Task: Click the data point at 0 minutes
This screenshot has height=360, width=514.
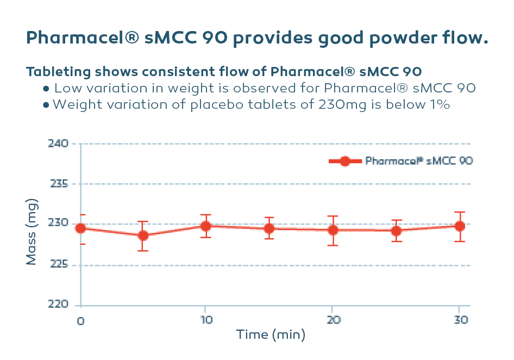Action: tap(80, 228)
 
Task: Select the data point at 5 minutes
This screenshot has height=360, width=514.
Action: tap(143, 235)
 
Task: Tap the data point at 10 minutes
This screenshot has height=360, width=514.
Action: tap(206, 226)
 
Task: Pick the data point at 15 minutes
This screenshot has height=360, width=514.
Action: tap(269, 228)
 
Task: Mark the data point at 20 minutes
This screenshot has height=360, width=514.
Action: tap(333, 230)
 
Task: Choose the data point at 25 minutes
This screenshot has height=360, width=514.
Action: tap(396, 231)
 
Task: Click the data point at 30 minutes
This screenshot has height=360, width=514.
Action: tap(460, 226)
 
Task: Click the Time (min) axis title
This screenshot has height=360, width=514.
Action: tap(271, 334)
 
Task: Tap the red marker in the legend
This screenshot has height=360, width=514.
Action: tap(344, 161)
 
